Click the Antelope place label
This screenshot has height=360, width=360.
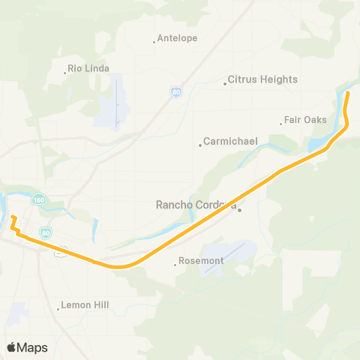click(x=178, y=39)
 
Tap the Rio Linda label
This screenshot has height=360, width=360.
click(x=88, y=68)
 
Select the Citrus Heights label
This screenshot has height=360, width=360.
click(x=262, y=79)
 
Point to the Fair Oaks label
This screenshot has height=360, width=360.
click(x=305, y=120)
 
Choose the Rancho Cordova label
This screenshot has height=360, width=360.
click(x=196, y=205)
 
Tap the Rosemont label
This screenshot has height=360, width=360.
click(x=202, y=261)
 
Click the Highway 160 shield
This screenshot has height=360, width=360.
click(x=38, y=200)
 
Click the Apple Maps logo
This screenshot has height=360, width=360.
click(x=27, y=347)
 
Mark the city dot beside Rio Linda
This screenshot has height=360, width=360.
click(x=64, y=73)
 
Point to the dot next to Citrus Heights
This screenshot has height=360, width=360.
click(x=225, y=83)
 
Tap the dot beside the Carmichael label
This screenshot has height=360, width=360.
click(x=200, y=145)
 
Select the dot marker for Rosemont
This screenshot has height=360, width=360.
click(x=175, y=264)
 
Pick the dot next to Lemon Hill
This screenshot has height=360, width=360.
click(x=58, y=309)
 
